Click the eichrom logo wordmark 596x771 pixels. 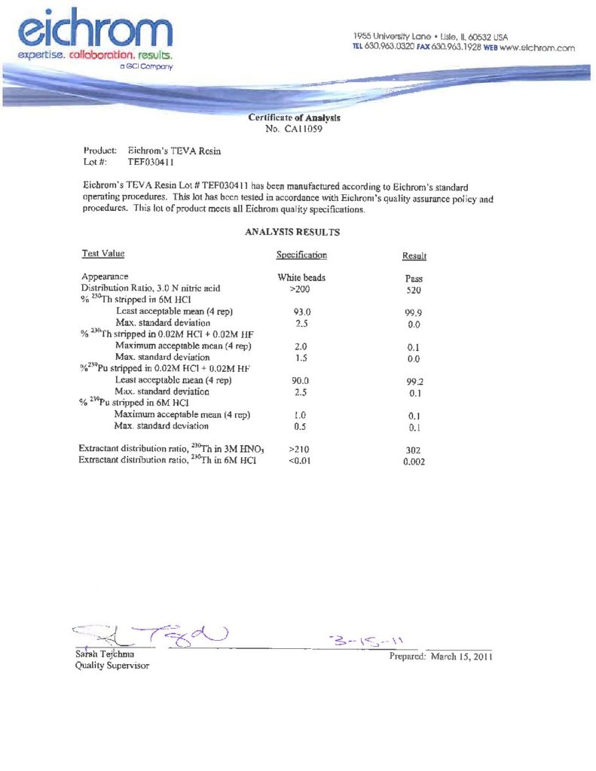click(x=96, y=30)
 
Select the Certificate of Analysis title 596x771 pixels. click(x=294, y=118)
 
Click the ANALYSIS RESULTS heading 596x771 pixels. click(x=292, y=232)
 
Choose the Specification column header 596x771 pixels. click(x=301, y=255)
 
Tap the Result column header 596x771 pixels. click(x=414, y=257)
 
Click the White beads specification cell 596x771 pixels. click(x=301, y=278)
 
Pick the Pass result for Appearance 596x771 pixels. click(x=414, y=279)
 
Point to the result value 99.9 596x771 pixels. click(x=413, y=312)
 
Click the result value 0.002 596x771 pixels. click(x=414, y=462)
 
